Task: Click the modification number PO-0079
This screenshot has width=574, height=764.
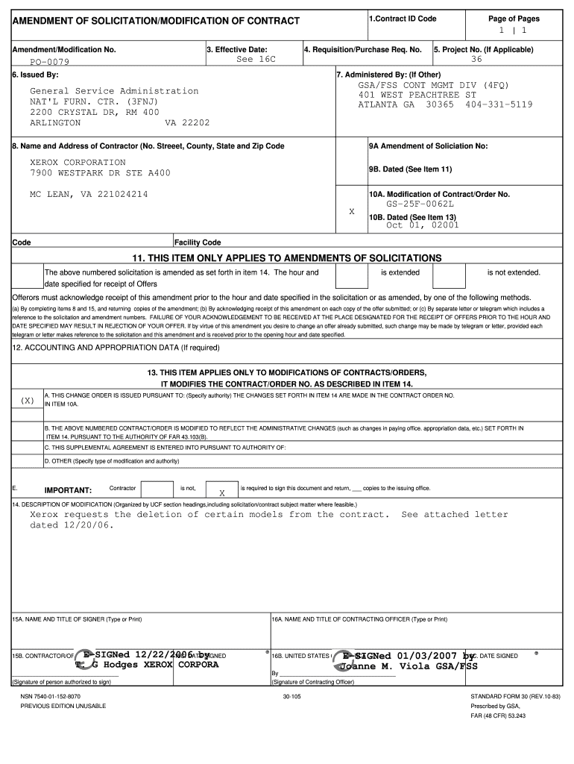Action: click(49, 62)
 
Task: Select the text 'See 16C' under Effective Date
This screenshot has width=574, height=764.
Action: click(256, 59)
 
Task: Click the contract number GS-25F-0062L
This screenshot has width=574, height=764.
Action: click(420, 204)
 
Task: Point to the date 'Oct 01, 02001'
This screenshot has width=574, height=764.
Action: click(422, 225)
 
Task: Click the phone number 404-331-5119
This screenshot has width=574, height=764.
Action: click(499, 105)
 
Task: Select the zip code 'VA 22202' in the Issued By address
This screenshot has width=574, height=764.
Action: click(187, 122)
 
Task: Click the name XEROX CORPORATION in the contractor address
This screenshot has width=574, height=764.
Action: click(78, 162)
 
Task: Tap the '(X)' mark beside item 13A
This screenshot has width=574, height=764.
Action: click(28, 400)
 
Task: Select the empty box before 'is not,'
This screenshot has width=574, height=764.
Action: click(157, 489)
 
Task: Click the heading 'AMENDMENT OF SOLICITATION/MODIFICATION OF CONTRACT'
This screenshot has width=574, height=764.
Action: click(156, 20)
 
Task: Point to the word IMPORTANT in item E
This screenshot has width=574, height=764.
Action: click(68, 490)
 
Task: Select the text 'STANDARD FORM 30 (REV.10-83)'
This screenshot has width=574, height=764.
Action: click(515, 696)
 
